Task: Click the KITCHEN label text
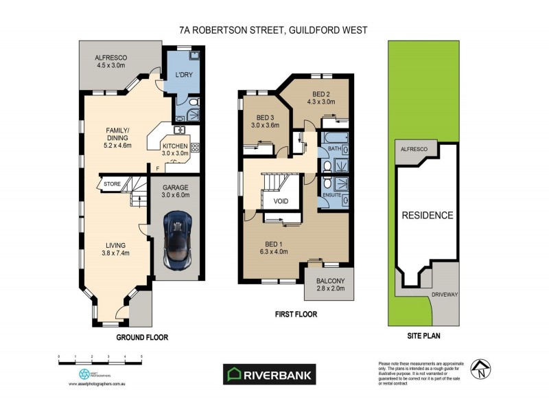[x=176, y=146]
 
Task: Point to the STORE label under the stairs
[x=111, y=184]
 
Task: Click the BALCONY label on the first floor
[x=329, y=282]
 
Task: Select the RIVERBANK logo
[x=270, y=374]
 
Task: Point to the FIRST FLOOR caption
[x=296, y=316]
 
